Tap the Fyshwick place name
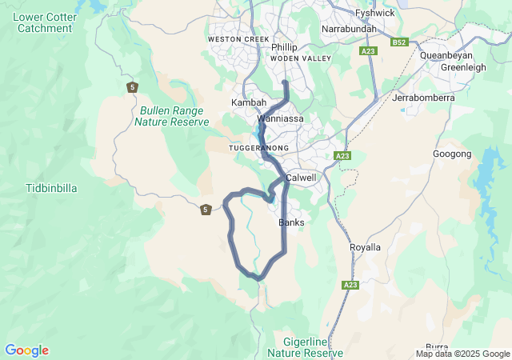tap(374, 14)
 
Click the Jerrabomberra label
tap(423, 98)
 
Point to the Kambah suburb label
tap(248, 102)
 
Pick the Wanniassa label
tap(280, 118)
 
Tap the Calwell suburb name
tap(301, 177)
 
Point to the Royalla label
tap(366, 247)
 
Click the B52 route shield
tap(399, 42)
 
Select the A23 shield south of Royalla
tap(350, 285)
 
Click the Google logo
tap(26, 350)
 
